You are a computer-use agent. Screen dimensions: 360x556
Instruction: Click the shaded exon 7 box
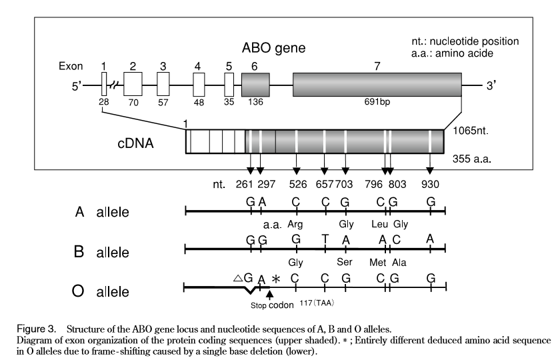[x=377, y=85]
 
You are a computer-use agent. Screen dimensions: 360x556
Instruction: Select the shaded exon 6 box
[x=255, y=85]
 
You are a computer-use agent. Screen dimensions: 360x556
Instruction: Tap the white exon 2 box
[x=133, y=85]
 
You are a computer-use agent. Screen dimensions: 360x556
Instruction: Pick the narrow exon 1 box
[x=104, y=85]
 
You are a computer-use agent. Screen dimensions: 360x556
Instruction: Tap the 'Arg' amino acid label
[x=295, y=224]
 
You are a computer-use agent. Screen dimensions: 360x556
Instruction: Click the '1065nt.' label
[x=472, y=133]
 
